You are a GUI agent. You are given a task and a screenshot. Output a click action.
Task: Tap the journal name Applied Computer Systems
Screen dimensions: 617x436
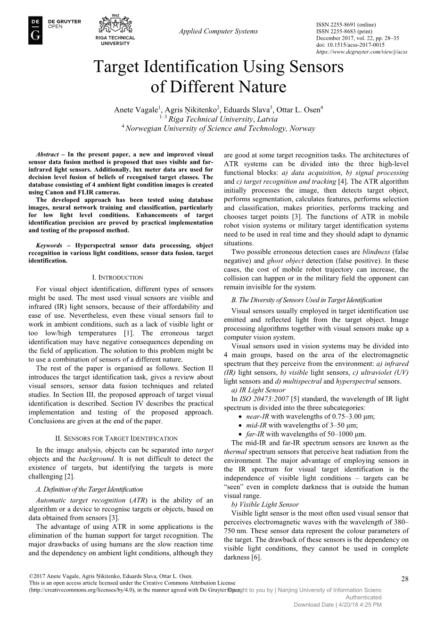click(x=218, y=31)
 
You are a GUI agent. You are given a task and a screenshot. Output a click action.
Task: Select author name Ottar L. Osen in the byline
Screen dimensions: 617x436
click(x=298, y=110)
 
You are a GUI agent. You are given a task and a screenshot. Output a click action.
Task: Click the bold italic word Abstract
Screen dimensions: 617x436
click(x=47, y=154)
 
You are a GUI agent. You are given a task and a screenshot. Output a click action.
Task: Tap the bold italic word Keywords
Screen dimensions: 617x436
click(x=49, y=246)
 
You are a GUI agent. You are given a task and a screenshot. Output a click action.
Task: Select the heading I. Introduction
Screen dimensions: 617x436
click(x=120, y=278)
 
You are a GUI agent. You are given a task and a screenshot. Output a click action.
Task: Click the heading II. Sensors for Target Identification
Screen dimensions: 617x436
click(x=120, y=438)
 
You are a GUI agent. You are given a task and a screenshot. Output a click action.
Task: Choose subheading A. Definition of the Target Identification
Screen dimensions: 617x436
click(x=89, y=489)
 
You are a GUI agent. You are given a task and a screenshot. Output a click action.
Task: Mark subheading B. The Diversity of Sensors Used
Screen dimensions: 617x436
click(x=306, y=300)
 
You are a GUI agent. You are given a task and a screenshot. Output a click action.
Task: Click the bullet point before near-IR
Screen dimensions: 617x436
click(x=241, y=417)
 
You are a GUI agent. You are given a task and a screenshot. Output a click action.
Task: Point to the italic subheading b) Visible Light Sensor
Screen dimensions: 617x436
click(x=264, y=504)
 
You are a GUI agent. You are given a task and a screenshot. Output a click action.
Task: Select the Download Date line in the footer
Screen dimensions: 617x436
click(x=337, y=605)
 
